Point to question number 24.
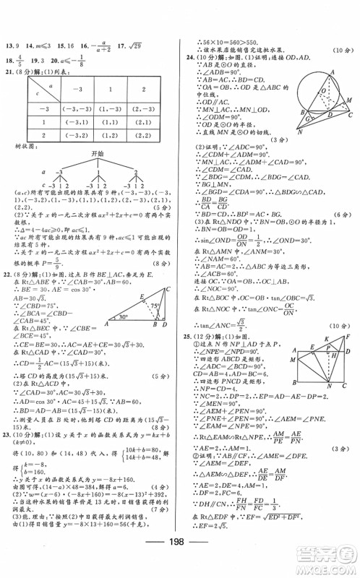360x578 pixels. [189, 56]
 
